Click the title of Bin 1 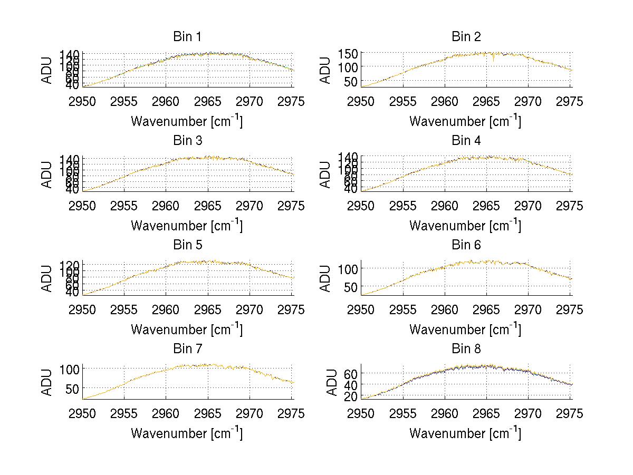click(x=187, y=37)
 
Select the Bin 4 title click(x=466, y=141)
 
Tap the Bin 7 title click(x=187, y=349)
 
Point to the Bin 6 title click(x=466, y=245)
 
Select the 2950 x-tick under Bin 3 click(x=83, y=206)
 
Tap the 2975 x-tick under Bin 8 click(x=570, y=414)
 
